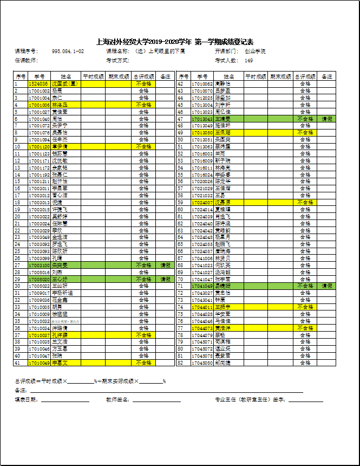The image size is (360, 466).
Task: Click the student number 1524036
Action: (x=40, y=84)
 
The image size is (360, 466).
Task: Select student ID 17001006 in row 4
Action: (x=40, y=105)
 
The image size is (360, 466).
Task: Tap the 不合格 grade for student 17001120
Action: (x=143, y=146)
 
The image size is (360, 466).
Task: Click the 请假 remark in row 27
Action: (x=165, y=266)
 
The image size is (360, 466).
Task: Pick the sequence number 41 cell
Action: (x=20, y=363)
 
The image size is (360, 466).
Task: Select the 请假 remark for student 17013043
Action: (x=327, y=118)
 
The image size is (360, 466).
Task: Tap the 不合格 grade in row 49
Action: (x=305, y=132)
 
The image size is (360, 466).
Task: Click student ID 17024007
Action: (x=202, y=202)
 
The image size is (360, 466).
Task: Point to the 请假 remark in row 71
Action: (x=327, y=286)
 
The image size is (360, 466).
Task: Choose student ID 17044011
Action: (x=202, y=307)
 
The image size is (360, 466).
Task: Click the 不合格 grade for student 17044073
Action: (x=305, y=328)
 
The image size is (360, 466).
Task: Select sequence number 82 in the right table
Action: (x=183, y=363)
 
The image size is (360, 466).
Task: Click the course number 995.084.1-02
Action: (x=68, y=51)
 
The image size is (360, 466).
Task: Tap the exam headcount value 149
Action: (x=249, y=60)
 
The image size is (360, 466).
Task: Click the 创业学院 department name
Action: (x=255, y=51)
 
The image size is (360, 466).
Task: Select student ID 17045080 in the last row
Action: (x=202, y=363)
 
